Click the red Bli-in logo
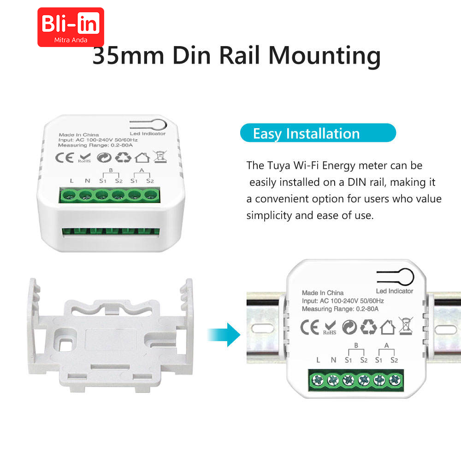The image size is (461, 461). (71, 27)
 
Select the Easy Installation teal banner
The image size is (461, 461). (318, 133)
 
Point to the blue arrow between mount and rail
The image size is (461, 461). (224, 335)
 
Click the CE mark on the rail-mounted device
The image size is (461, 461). (310, 327)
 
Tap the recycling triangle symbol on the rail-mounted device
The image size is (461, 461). (368, 327)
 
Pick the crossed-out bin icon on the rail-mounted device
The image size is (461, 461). (406, 326)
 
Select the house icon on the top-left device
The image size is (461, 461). (142, 158)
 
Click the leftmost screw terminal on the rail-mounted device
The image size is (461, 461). (317, 380)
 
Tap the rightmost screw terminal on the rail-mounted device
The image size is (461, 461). (395, 380)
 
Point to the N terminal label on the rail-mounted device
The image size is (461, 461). (333, 360)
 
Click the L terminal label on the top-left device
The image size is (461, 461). (72, 181)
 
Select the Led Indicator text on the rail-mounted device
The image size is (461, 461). (395, 291)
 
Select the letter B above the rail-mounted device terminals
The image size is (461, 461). (356, 345)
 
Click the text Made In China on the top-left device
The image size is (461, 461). (79, 135)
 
